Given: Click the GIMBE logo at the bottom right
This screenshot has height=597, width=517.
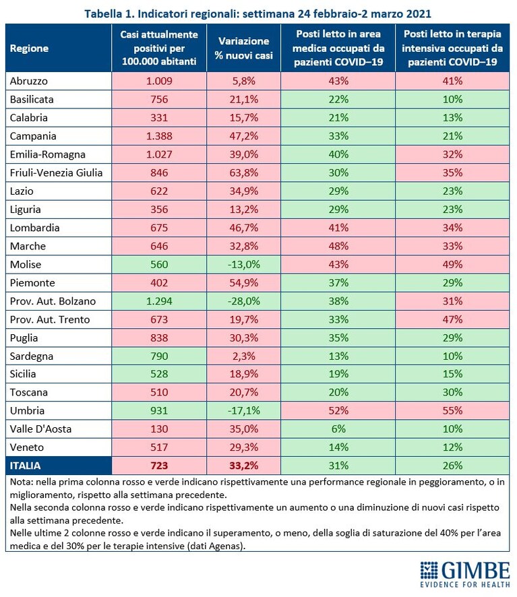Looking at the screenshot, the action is [x=465, y=575].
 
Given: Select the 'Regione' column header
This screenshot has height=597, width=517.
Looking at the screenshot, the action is [x=30, y=49].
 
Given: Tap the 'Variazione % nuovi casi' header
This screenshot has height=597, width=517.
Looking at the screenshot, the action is [x=244, y=48].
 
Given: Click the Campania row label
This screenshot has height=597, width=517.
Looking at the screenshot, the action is [x=33, y=136].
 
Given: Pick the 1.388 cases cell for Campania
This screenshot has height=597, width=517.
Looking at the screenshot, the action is [x=159, y=136].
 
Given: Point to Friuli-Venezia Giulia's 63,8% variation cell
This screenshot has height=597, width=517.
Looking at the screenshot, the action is [x=244, y=172].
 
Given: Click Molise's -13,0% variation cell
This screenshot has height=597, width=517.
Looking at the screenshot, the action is [x=244, y=264].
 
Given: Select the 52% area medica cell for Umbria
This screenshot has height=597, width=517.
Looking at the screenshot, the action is [x=338, y=410].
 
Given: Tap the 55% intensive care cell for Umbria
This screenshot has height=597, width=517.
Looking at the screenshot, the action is [x=452, y=410].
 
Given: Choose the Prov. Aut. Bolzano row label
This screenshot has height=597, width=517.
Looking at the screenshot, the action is [x=53, y=301].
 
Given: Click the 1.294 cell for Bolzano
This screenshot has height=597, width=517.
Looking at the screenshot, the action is [x=159, y=301].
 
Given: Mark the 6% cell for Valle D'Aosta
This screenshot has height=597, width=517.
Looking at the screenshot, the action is [x=338, y=429].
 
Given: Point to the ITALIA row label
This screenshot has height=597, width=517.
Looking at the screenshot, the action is [x=25, y=466].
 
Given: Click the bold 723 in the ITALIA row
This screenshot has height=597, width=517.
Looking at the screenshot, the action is [x=159, y=466].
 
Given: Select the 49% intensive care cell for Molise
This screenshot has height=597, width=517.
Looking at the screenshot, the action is [x=452, y=264].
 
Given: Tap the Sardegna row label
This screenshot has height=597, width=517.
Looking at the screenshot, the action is [x=32, y=356].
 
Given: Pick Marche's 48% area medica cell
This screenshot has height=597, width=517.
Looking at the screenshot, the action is [x=338, y=246].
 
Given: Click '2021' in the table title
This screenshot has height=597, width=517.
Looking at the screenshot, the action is [x=419, y=14].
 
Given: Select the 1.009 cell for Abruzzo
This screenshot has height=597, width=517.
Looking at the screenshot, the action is [x=159, y=81].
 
